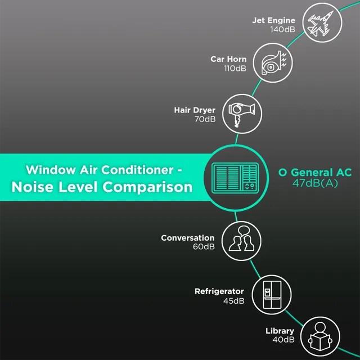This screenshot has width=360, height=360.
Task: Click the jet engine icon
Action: (322, 22)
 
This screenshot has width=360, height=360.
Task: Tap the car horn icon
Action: (273, 62)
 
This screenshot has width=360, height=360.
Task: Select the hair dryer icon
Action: (242, 114)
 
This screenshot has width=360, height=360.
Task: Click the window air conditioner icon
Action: (235, 178)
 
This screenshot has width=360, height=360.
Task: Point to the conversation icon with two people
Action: (241, 241)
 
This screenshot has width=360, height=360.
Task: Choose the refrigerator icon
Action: (272, 295)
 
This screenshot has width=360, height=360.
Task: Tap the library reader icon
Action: (320, 336)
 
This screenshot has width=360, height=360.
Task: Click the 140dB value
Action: (282, 30)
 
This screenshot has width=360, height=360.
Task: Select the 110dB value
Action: (235, 69)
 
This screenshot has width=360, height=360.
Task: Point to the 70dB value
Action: (205, 119)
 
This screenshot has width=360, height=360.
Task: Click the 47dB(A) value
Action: (315, 183)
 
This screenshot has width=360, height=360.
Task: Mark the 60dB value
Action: (204, 246)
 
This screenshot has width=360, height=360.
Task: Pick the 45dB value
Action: (234, 301)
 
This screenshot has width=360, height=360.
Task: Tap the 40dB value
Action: (283, 340)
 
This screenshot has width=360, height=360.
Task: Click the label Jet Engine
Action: (274, 20)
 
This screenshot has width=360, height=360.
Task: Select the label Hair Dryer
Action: (195, 110)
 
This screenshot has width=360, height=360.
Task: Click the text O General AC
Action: (315, 173)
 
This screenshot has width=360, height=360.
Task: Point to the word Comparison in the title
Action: (147, 187)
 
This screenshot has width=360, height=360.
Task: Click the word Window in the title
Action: (51, 170)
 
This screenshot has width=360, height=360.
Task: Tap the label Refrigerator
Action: (219, 291)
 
